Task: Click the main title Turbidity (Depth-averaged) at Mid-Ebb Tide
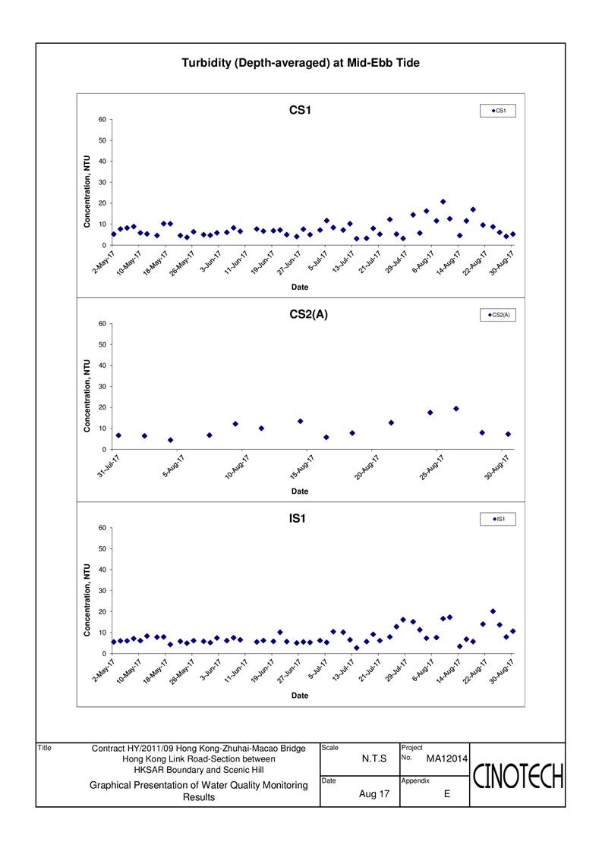click(301, 63)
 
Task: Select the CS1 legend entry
click(498, 111)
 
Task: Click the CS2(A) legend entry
click(498, 315)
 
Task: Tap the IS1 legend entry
click(498, 519)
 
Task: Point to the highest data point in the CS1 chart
click(443, 202)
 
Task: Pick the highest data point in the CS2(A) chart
click(455, 409)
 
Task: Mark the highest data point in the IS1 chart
click(493, 611)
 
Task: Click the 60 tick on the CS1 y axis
click(102, 119)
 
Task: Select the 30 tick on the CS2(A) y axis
click(102, 386)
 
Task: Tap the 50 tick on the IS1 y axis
click(102, 548)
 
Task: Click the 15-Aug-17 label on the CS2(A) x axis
click(302, 467)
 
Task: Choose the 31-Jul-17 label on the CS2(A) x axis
click(108, 466)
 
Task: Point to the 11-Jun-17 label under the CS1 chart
click(236, 262)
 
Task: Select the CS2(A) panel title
click(309, 314)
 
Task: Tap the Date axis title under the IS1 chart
click(300, 696)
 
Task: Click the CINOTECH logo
click(518, 776)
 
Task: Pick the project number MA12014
click(446, 758)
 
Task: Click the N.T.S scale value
click(374, 758)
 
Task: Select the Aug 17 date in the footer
click(374, 794)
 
